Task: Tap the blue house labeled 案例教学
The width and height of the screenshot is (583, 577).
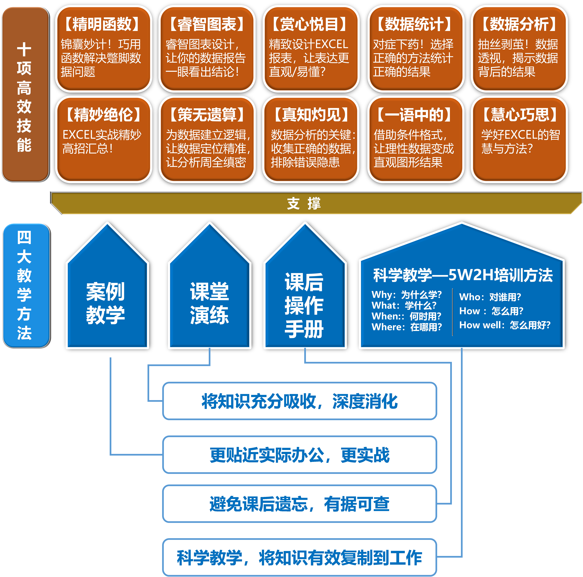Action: (x=106, y=303)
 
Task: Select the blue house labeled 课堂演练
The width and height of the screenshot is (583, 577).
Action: (x=209, y=303)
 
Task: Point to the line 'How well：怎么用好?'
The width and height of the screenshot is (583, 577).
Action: (x=505, y=325)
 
